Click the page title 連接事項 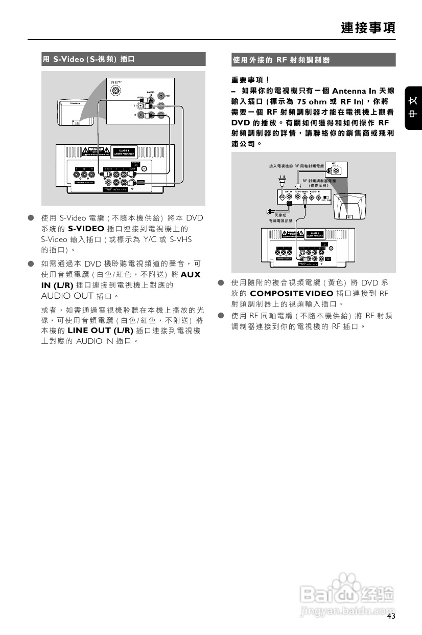(368, 27)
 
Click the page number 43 (391, 617)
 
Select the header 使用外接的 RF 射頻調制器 (282, 60)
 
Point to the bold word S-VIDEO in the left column (86, 228)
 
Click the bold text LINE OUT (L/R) (100, 330)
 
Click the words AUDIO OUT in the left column (67, 296)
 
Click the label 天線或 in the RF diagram (280, 215)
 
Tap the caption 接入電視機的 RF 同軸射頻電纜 (297, 166)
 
